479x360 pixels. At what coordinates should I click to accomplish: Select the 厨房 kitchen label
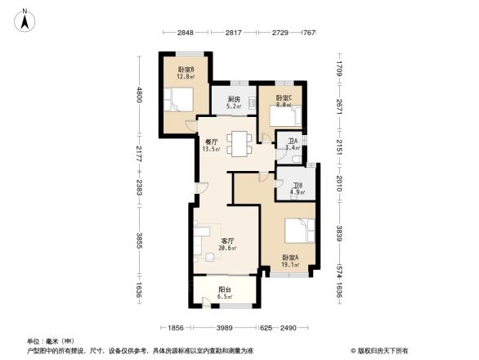point(233,101)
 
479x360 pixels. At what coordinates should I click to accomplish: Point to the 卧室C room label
point(284,101)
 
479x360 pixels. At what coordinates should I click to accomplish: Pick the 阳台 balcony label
point(224,292)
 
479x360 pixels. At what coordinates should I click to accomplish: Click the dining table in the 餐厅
point(239,143)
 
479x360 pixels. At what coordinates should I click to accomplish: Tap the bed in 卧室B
point(179,101)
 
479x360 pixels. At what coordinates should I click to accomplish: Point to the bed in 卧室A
point(299,231)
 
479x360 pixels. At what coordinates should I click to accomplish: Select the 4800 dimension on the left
point(140,96)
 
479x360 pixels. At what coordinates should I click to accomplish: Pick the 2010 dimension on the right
point(337,187)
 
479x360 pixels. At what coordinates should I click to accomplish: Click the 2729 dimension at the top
point(281,33)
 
